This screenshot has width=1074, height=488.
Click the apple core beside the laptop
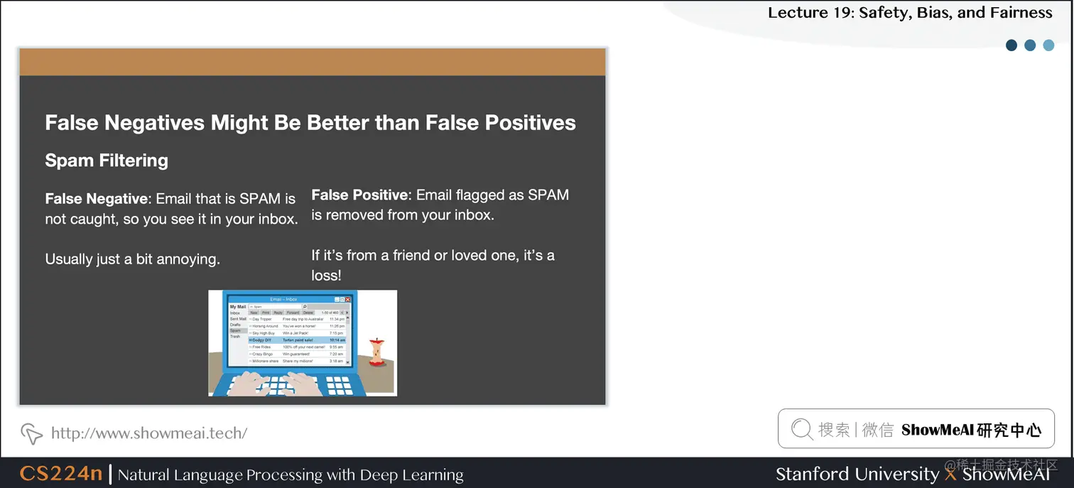tap(377, 352)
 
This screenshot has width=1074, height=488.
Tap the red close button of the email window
tap(347, 300)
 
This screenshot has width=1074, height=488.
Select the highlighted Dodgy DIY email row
tap(297, 340)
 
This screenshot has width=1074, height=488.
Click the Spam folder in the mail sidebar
tap(235, 331)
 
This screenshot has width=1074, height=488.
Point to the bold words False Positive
tap(361, 195)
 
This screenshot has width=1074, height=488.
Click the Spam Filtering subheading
tap(107, 161)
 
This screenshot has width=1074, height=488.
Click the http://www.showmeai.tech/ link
tap(149, 433)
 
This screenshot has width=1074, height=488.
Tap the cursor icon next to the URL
tap(31, 433)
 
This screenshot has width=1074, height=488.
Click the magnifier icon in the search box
tap(801, 429)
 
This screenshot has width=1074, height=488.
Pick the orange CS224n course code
tap(61, 474)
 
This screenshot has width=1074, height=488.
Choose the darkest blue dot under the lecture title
tap(1011, 45)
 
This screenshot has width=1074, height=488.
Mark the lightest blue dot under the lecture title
tap(1048, 45)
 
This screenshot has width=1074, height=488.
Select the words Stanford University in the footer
tap(857, 474)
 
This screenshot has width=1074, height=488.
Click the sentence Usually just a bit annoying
tap(133, 259)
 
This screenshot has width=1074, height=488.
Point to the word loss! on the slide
tap(326, 276)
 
